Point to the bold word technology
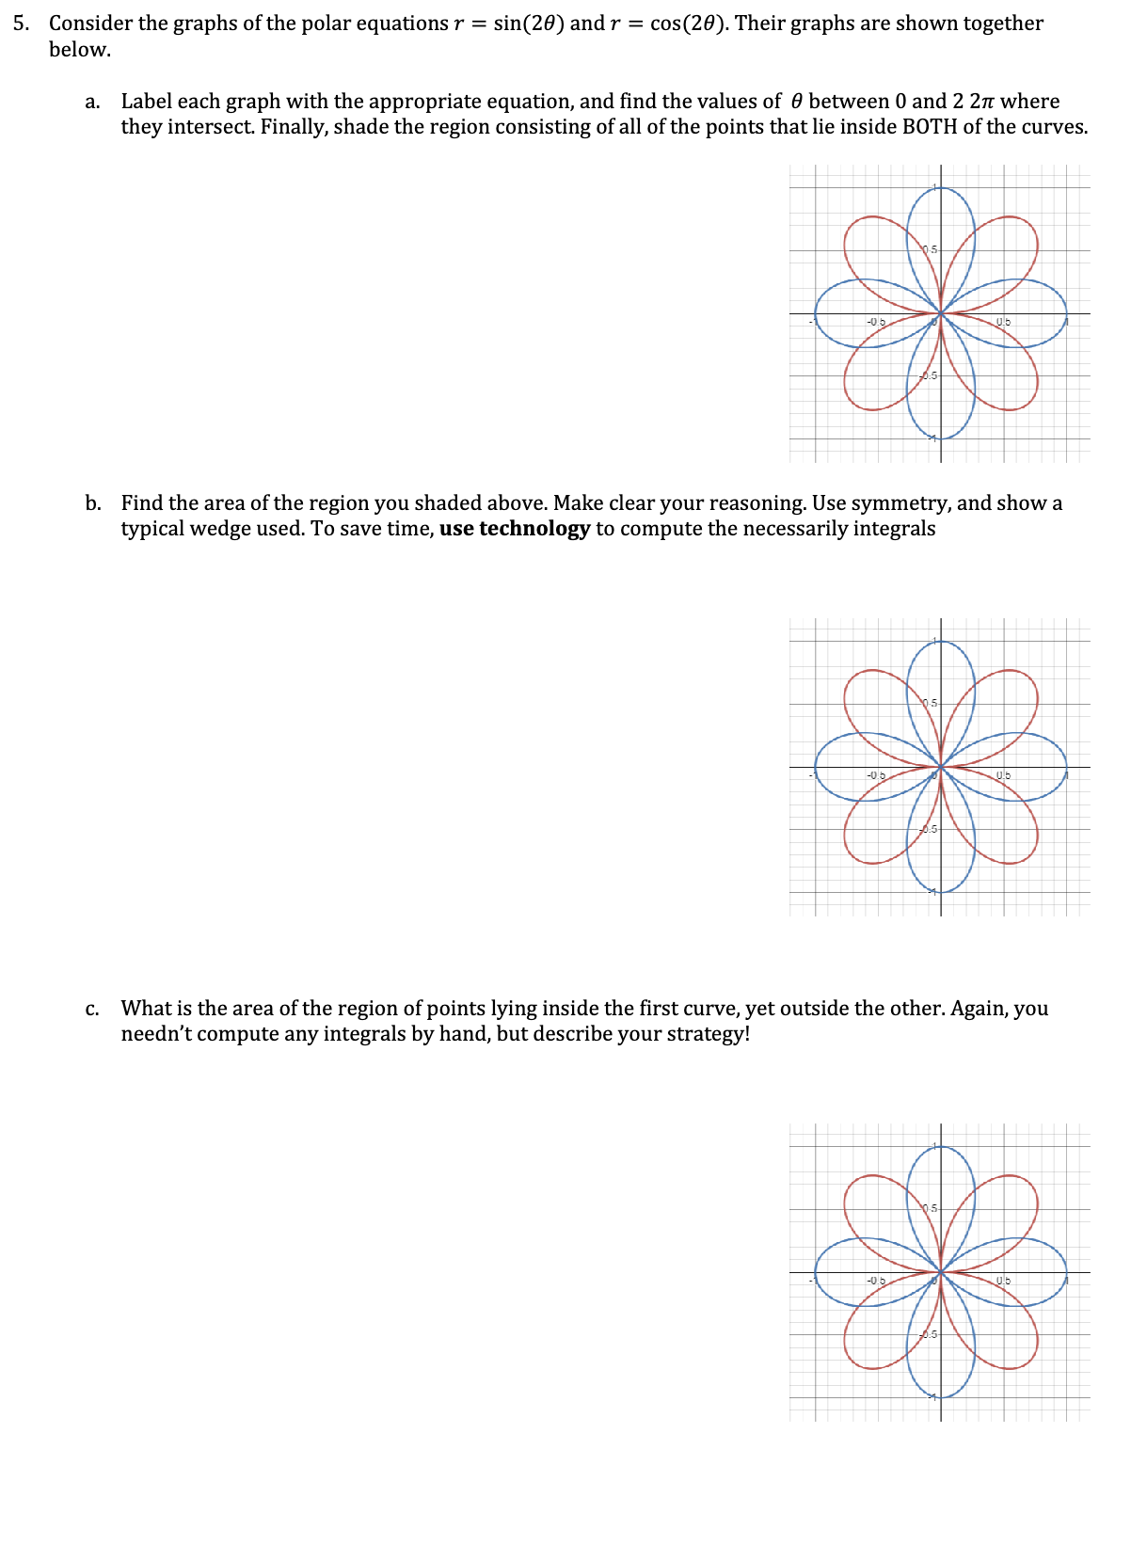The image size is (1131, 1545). [x=534, y=529]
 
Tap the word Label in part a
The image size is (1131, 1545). [x=146, y=102]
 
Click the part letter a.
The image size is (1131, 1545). [x=92, y=102]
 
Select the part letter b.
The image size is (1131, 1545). [x=92, y=503]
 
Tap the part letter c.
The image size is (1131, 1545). [x=92, y=1009]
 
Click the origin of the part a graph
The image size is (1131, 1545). [x=941, y=314]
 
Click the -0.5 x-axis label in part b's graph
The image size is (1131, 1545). [x=876, y=775]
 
